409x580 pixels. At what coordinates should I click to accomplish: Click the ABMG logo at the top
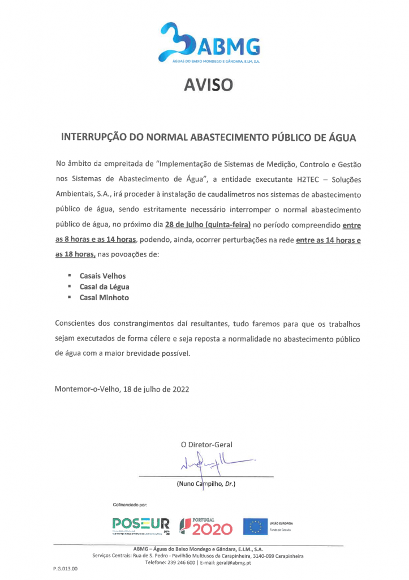point(210,43)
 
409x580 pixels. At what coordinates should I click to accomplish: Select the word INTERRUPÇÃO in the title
point(94,138)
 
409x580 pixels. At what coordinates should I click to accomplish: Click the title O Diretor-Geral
point(206,445)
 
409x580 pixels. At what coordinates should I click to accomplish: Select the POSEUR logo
point(140,526)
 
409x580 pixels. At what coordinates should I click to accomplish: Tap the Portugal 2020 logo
point(206,526)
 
